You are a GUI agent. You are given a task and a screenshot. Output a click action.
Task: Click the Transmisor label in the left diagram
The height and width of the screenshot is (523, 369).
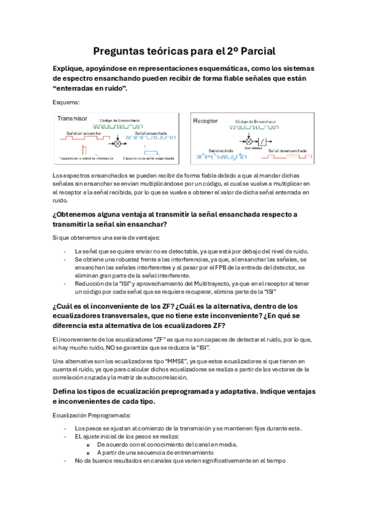(x=72, y=118)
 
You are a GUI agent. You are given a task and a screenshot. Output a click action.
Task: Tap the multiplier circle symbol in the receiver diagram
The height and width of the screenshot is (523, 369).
(x=250, y=142)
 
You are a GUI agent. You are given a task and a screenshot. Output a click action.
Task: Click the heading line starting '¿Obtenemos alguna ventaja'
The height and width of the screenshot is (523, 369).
(x=175, y=214)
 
